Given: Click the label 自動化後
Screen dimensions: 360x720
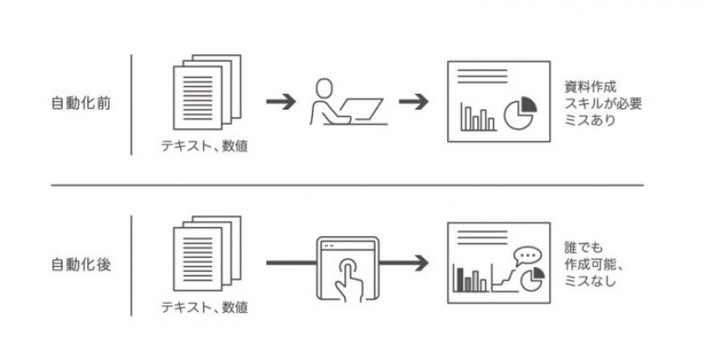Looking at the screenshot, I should (80, 265).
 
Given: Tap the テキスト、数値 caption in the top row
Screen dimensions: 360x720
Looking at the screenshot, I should (205, 148).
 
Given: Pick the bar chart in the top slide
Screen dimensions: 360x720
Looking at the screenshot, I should (476, 117).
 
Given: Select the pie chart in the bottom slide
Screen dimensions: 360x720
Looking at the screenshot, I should (527, 279).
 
